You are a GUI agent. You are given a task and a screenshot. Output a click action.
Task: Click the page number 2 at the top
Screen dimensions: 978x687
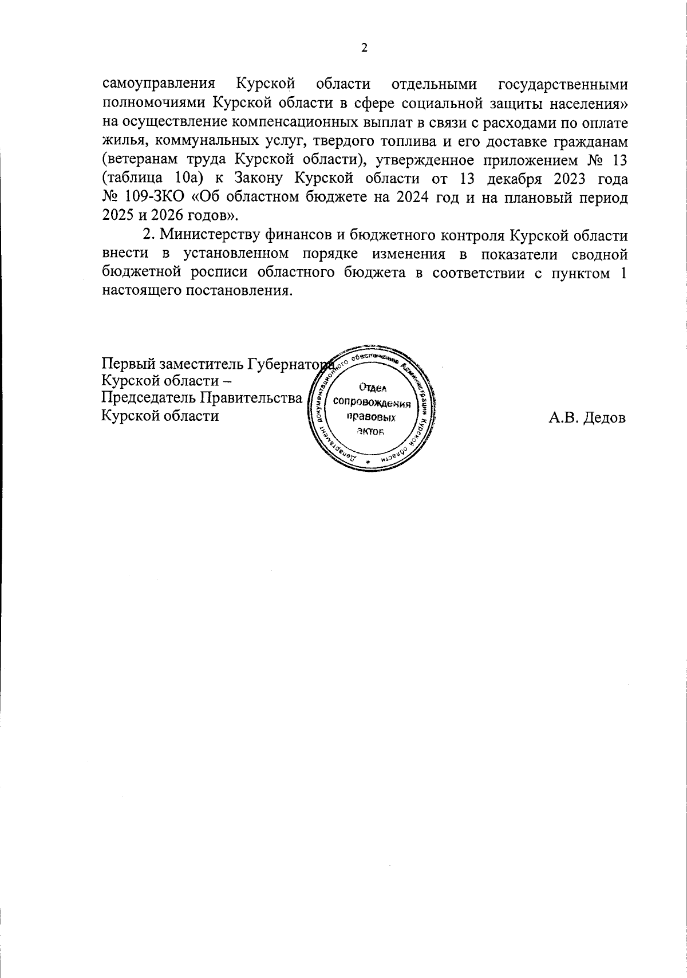point(364,48)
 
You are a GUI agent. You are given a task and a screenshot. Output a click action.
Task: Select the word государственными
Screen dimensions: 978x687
point(563,85)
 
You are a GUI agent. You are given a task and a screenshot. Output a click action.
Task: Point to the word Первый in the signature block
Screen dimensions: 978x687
point(129,363)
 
